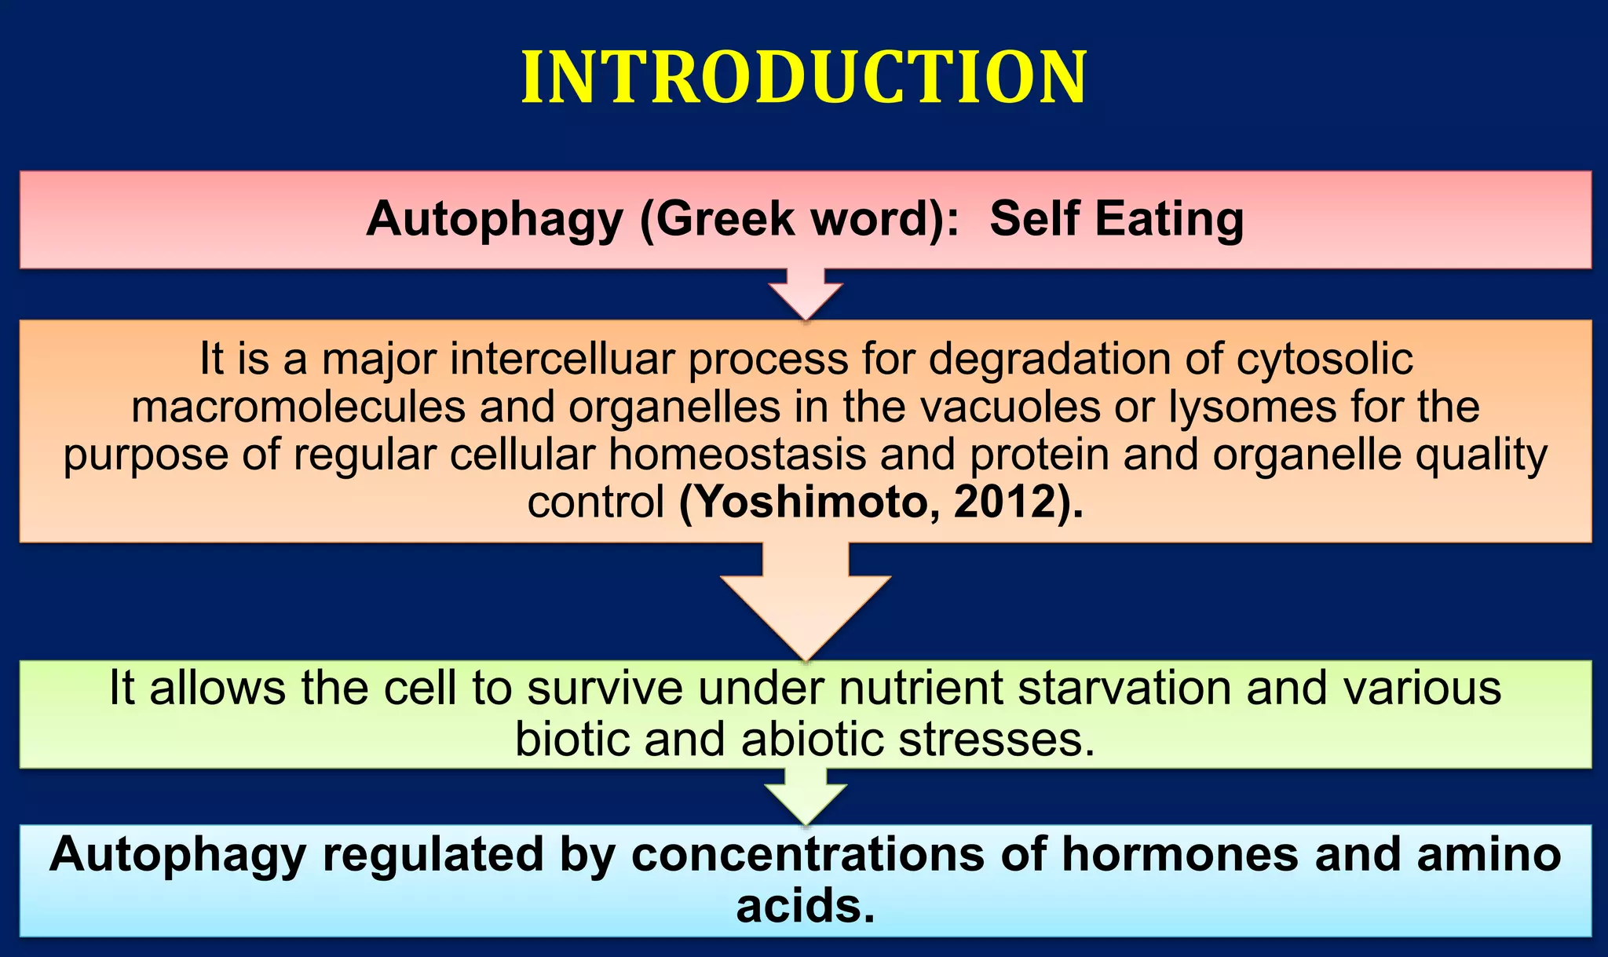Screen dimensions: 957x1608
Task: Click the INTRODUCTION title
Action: pos(804,77)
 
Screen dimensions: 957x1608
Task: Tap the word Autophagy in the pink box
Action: pos(494,219)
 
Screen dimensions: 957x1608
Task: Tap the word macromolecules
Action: pos(298,407)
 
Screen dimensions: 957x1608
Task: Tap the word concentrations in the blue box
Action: pos(808,854)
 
